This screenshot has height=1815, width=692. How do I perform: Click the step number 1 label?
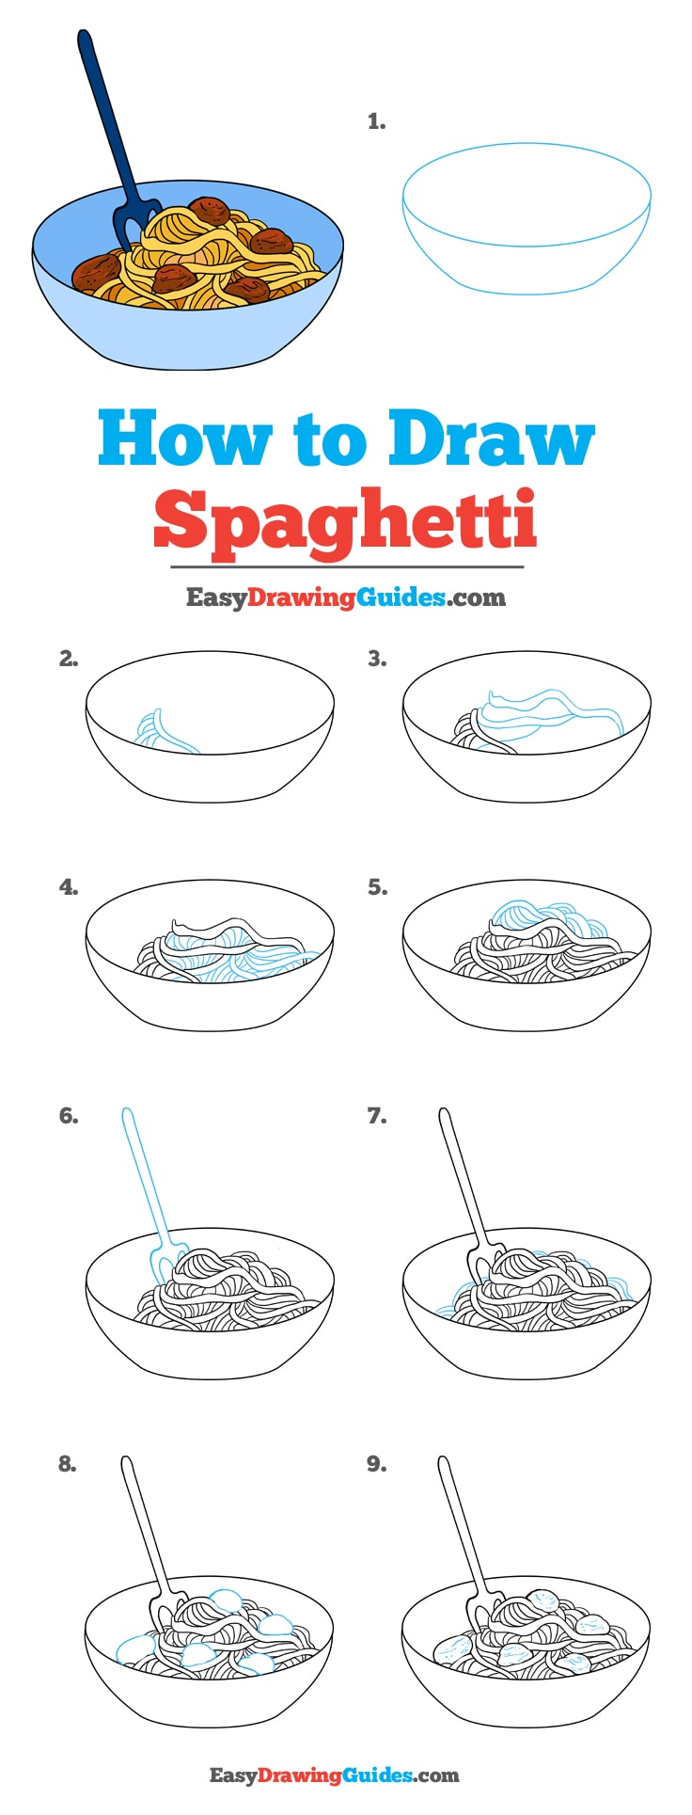376,121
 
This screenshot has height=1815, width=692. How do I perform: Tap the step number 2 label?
68,659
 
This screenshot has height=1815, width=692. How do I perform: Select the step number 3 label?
376,659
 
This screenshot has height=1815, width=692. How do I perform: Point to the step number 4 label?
68,886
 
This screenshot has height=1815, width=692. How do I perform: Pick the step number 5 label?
376,886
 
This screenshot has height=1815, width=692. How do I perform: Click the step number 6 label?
68,1116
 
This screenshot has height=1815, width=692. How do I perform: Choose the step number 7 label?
376,1116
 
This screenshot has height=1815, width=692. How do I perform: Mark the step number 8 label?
68,1463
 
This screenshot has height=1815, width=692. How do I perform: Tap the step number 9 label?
376,1463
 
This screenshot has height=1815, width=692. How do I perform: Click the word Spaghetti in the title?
345,519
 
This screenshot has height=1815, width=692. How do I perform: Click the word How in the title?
184,438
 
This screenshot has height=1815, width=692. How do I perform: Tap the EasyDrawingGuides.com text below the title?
345,597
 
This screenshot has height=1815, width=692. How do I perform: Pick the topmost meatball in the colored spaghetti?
207,208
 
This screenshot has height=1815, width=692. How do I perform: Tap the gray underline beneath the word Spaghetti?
346,567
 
